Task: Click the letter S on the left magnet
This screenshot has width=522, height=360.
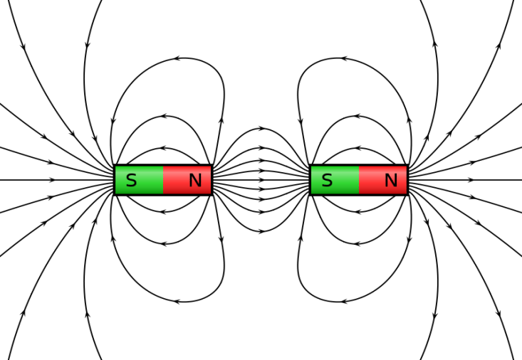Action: [132, 180]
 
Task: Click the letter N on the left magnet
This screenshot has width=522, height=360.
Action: [195, 180]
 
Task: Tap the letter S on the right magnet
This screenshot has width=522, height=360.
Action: [328, 180]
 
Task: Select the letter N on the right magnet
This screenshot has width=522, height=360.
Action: [391, 180]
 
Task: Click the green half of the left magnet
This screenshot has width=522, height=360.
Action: [139, 180]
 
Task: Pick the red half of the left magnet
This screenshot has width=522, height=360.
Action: [187, 180]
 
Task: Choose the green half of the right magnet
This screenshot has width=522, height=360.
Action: [335, 180]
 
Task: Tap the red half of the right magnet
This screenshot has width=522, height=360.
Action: [383, 180]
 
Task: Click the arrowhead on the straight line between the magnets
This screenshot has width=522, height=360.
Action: [262, 180]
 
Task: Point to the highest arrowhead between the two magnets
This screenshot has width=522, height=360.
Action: [263, 129]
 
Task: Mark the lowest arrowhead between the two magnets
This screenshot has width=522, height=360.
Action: [263, 231]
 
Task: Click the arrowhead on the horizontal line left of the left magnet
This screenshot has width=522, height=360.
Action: [52, 180]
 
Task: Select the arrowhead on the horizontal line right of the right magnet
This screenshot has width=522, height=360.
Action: [470, 180]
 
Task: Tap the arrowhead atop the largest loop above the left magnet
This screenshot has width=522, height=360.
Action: [177, 58]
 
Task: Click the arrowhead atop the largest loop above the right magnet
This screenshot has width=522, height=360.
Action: [344, 58]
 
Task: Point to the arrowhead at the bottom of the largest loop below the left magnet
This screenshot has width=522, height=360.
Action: [177, 302]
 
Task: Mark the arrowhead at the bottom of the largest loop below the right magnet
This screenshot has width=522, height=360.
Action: [344, 302]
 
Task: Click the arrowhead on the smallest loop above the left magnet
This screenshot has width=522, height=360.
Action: [163, 148]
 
